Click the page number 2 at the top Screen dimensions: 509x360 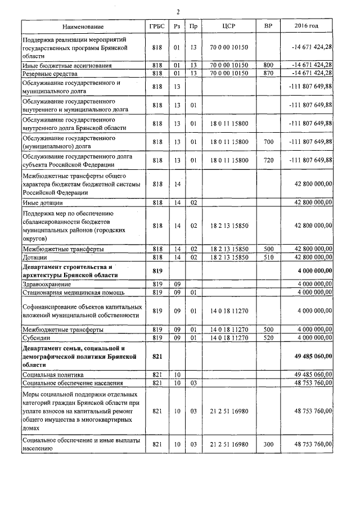pyautogui.click(x=178, y=12)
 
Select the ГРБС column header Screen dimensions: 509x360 pyautogui.click(x=157, y=26)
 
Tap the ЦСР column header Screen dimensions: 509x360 pyautogui.click(x=228, y=26)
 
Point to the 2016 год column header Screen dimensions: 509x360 pyautogui.click(x=307, y=26)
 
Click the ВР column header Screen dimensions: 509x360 pyautogui.click(x=268, y=26)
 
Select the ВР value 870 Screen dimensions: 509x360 pyautogui.click(x=268, y=74)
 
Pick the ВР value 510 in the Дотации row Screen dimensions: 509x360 pyautogui.click(x=268, y=257)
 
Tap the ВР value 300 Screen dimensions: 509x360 pyautogui.click(x=268, y=444)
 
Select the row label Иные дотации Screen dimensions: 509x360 pyautogui.click(x=43, y=202)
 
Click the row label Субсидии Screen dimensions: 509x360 pyautogui.click(x=38, y=337)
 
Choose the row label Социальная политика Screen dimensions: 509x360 pyautogui.click(x=53, y=374)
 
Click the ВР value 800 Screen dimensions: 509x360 pyautogui.click(x=268, y=66)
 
